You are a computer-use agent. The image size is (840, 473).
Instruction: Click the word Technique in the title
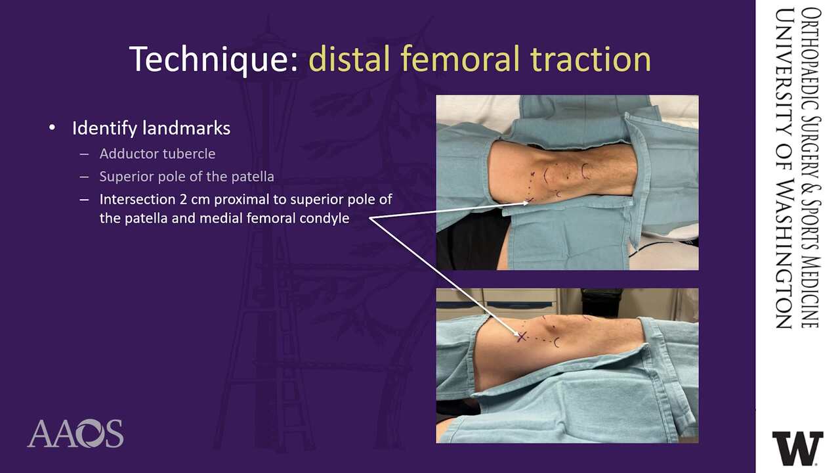click(213, 59)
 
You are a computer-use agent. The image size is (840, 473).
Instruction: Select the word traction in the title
click(591, 59)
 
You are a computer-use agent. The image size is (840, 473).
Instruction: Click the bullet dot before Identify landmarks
click(52, 128)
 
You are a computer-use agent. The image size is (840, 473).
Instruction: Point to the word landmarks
click(186, 128)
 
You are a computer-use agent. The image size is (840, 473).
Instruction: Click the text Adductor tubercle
click(157, 154)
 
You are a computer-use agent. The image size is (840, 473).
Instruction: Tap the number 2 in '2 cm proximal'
click(183, 199)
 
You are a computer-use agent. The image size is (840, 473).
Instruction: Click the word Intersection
click(137, 199)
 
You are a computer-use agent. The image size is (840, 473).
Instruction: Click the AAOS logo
click(75, 434)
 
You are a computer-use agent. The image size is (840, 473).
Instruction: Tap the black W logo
click(797, 448)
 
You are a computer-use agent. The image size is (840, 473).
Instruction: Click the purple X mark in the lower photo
click(521, 337)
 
